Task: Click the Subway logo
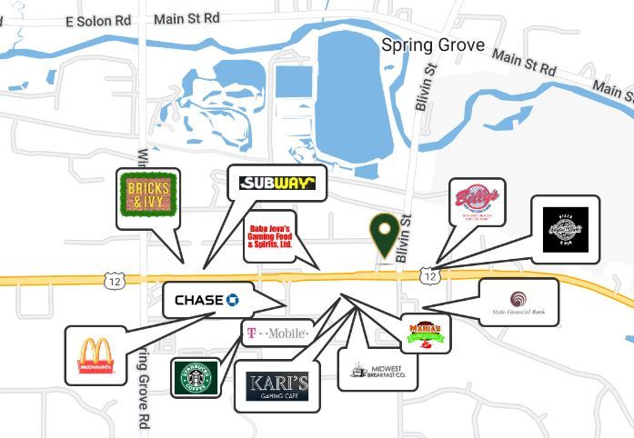click(277, 183)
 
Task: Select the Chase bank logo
click(206, 300)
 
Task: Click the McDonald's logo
click(96, 355)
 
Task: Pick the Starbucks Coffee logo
click(196, 378)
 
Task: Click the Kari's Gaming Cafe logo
click(277, 386)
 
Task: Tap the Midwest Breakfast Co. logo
click(377, 370)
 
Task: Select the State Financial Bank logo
click(518, 303)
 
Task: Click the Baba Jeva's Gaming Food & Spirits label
click(269, 236)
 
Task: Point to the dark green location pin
click(385, 234)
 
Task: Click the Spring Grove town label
click(433, 45)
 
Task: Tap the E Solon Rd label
click(98, 20)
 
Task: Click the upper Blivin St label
click(422, 92)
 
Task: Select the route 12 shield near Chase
click(114, 282)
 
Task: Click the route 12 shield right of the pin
click(429, 274)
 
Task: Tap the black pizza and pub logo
click(565, 229)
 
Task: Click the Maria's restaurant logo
click(426, 333)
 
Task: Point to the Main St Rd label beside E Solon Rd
click(186, 17)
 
